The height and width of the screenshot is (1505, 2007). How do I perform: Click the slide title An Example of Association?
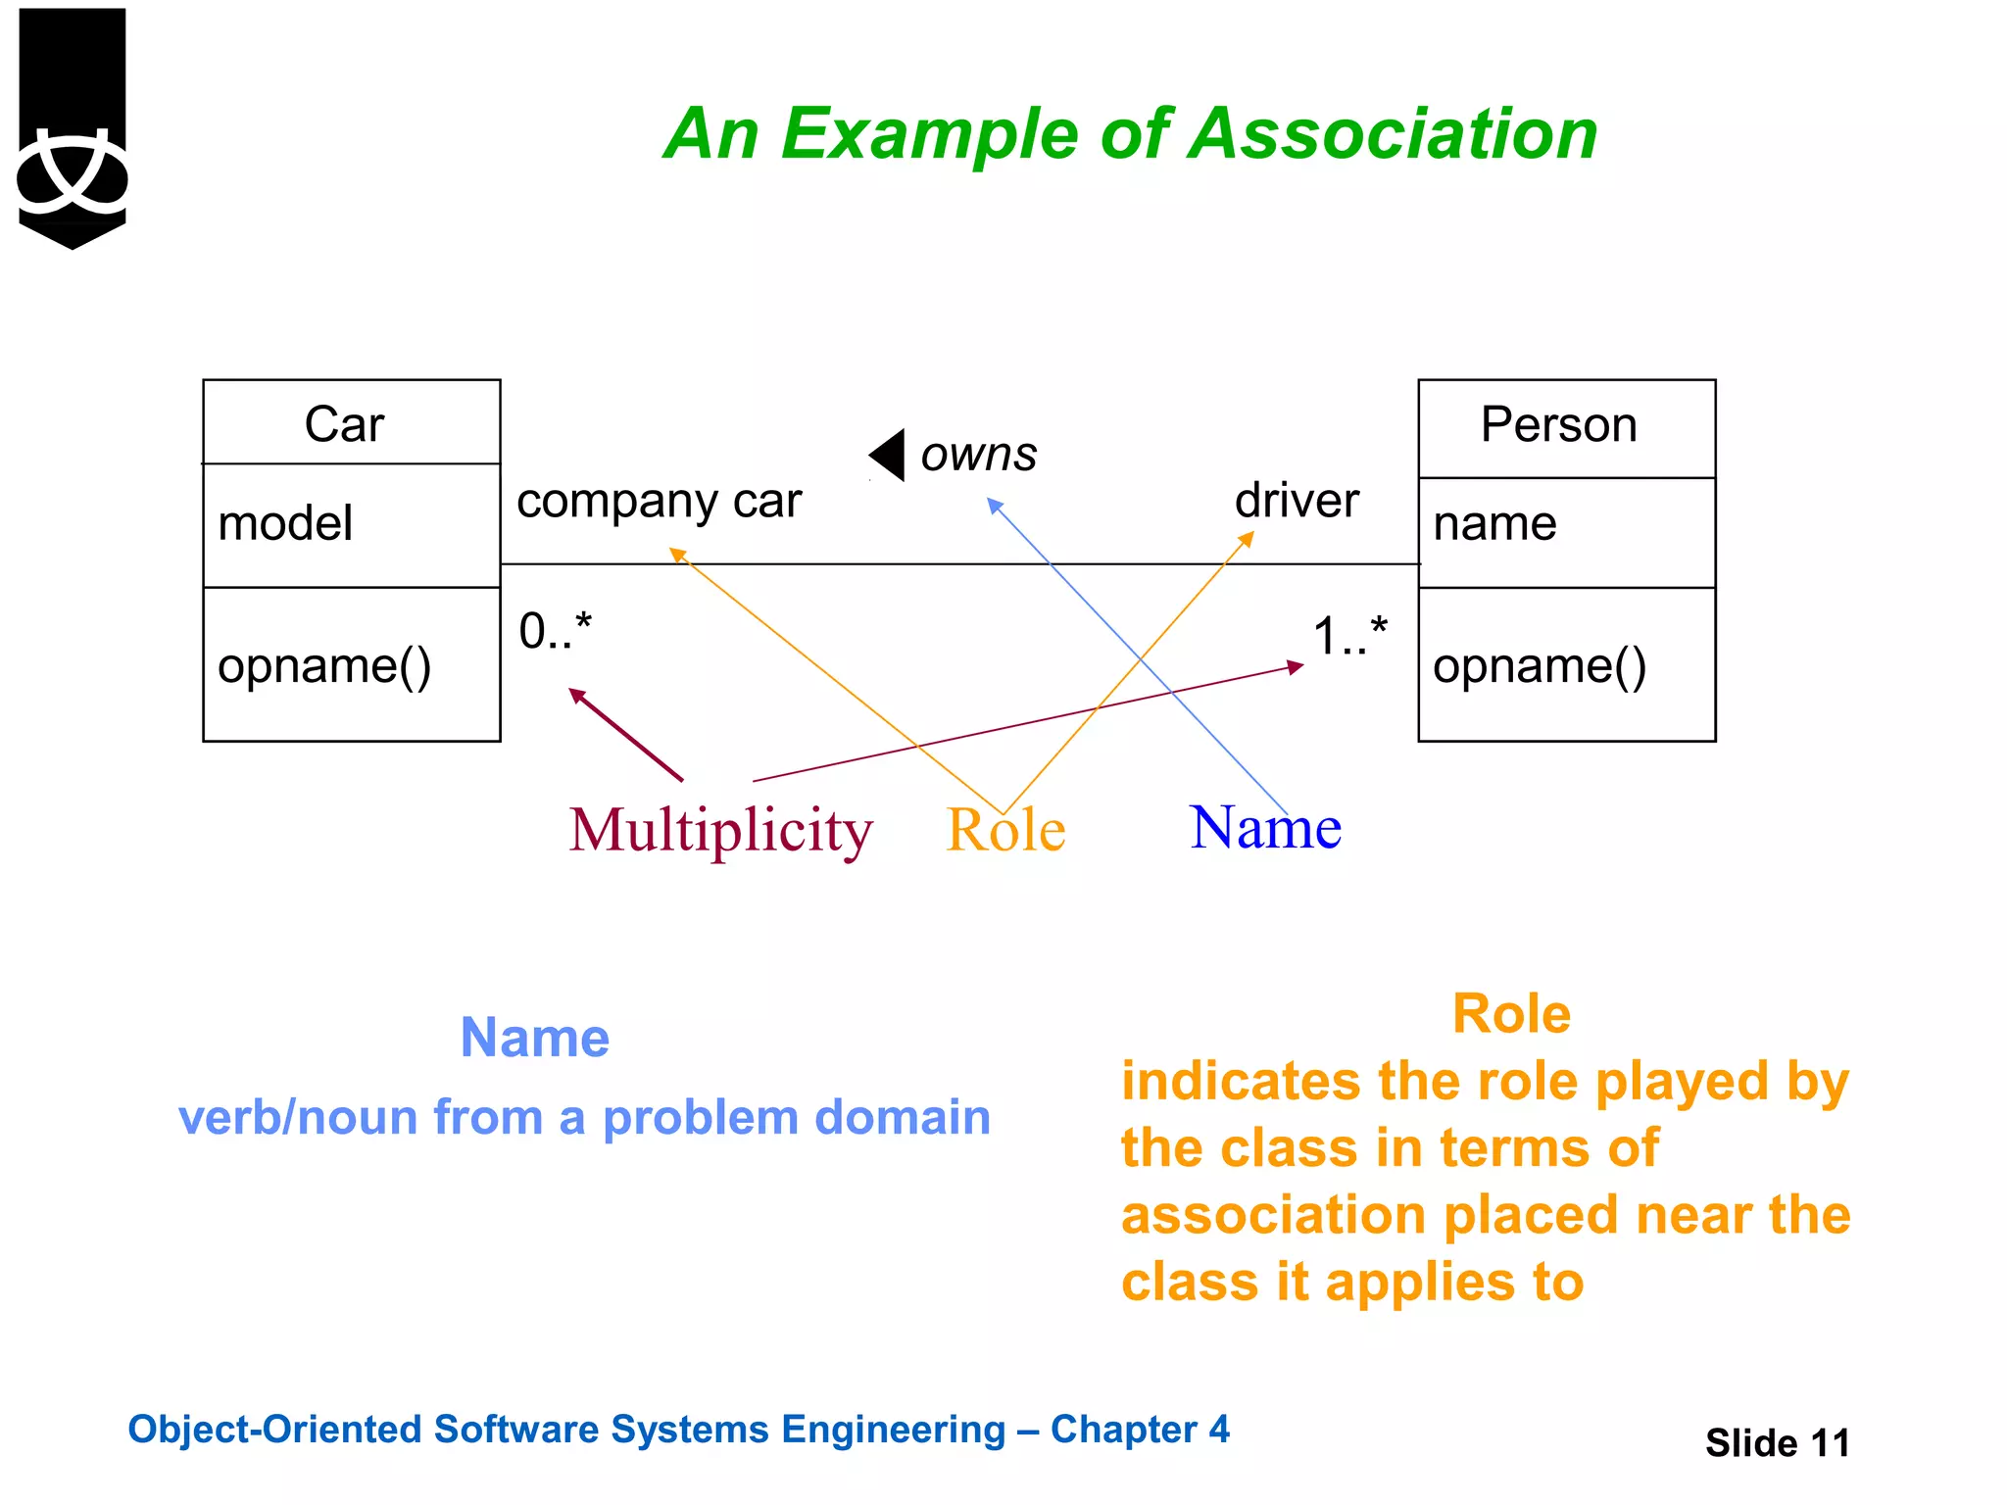1130,133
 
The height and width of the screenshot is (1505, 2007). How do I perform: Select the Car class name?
344,424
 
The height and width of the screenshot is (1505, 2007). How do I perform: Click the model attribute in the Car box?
285,523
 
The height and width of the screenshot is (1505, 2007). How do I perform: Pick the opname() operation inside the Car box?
324,666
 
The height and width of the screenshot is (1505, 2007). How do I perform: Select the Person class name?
1558,424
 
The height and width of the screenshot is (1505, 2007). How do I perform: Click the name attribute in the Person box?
1494,523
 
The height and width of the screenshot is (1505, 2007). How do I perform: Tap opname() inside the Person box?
1539,666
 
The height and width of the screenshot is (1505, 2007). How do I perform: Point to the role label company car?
659,501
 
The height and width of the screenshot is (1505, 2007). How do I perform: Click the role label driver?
1297,501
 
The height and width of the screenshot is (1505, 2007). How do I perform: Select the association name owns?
978,454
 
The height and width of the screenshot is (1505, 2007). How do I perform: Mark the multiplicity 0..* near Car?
556,630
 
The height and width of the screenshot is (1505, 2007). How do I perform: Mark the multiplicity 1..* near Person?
1349,635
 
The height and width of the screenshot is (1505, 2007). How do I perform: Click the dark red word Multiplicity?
720,831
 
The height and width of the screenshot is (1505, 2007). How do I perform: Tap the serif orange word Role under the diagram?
1005,831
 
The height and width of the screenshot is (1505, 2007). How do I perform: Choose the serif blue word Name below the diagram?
1265,828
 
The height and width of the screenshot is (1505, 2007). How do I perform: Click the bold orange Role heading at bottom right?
1511,1014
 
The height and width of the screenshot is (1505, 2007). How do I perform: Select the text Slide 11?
1777,1443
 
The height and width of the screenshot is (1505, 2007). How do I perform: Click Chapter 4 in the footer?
1140,1430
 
